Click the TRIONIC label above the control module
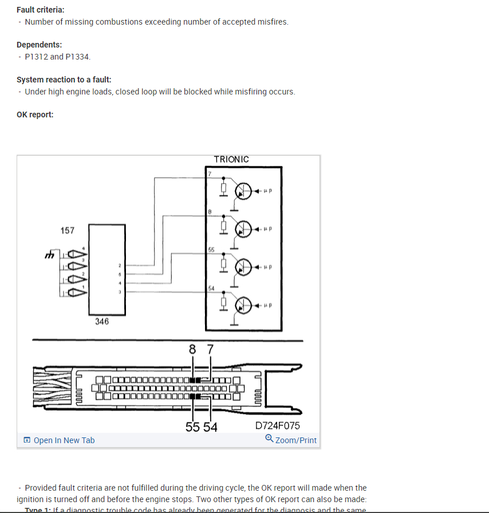[x=231, y=159]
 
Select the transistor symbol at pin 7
[x=244, y=191]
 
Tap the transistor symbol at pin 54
[x=244, y=305]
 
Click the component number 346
[x=102, y=322]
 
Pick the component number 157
[x=68, y=230]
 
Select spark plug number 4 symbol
[x=76, y=254]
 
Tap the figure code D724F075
[x=278, y=425]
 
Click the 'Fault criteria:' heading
[x=41, y=10]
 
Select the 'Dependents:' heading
[x=40, y=45]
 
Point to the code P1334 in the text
[x=78, y=57]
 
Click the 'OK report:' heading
[x=35, y=115]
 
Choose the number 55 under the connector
[x=193, y=427]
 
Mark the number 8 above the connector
[x=192, y=349]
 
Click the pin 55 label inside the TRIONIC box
[x=211, y=250]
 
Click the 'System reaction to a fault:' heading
[x=64, y=80]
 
